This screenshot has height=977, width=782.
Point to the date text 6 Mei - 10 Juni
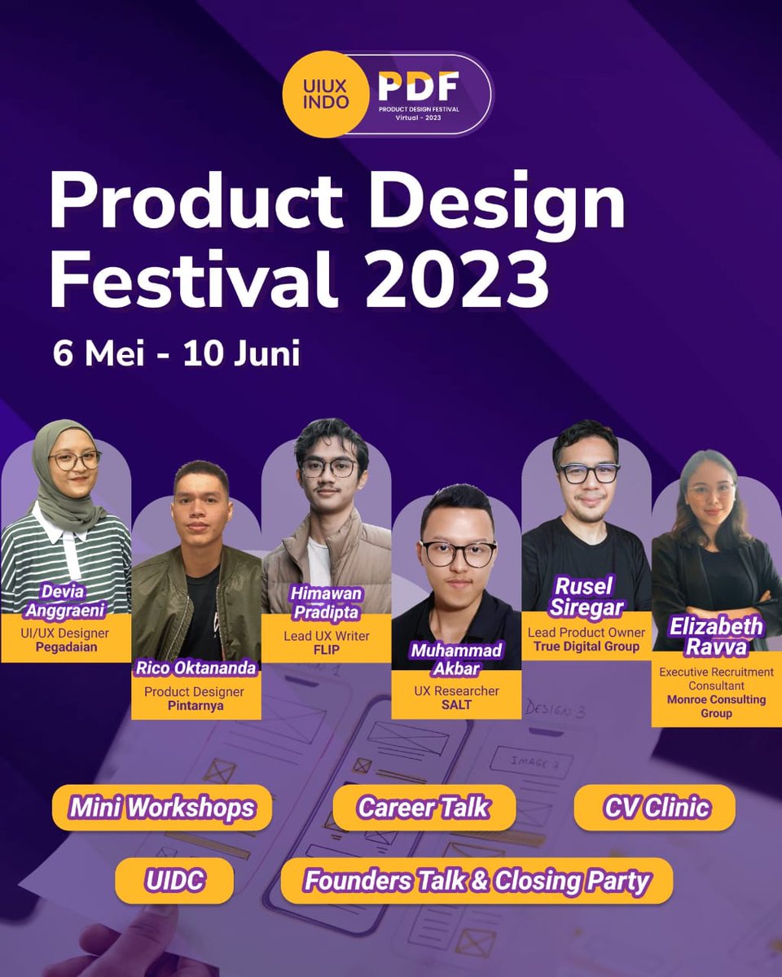coord(177,354)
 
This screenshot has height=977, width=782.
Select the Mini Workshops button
coord(161,808)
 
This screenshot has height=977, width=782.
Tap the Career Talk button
coord(424,808)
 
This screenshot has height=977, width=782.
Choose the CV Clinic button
coord(656,808)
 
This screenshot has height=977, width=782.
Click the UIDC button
coord(174,881)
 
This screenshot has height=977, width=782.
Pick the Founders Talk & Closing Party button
coord(477,881)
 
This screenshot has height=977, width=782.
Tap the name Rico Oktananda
coord(196,670)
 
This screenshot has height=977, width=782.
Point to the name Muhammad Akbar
coord(456,659)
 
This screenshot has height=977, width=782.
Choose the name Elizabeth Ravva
coord(717,637)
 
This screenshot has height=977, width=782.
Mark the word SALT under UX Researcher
coord(456,705)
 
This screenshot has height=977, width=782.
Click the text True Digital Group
coord(586,647)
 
